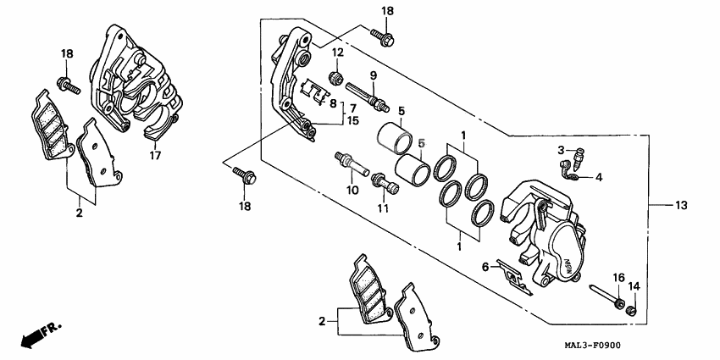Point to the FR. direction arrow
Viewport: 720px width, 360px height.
click(41, 332)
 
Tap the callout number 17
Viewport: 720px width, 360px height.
click(155, 156)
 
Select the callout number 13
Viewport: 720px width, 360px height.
click(682, 206)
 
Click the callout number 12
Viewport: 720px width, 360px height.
click(336, 53)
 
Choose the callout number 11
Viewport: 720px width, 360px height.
click(382, 208)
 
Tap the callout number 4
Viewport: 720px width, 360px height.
click(598, 178)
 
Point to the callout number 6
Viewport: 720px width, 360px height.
click(486, 266)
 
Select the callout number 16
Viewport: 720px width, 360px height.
click(618, 278)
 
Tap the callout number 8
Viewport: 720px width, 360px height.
click(334, 103)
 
